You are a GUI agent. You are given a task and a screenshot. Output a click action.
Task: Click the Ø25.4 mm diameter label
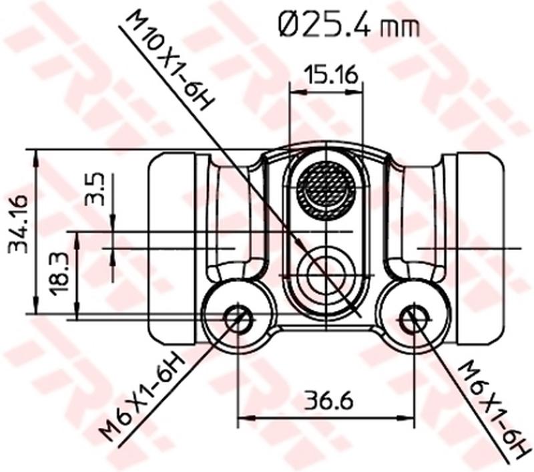point(348,27)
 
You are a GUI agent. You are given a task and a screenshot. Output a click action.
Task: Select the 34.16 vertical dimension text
point(18,225)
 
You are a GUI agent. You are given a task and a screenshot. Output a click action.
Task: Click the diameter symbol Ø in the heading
point(288,26)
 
